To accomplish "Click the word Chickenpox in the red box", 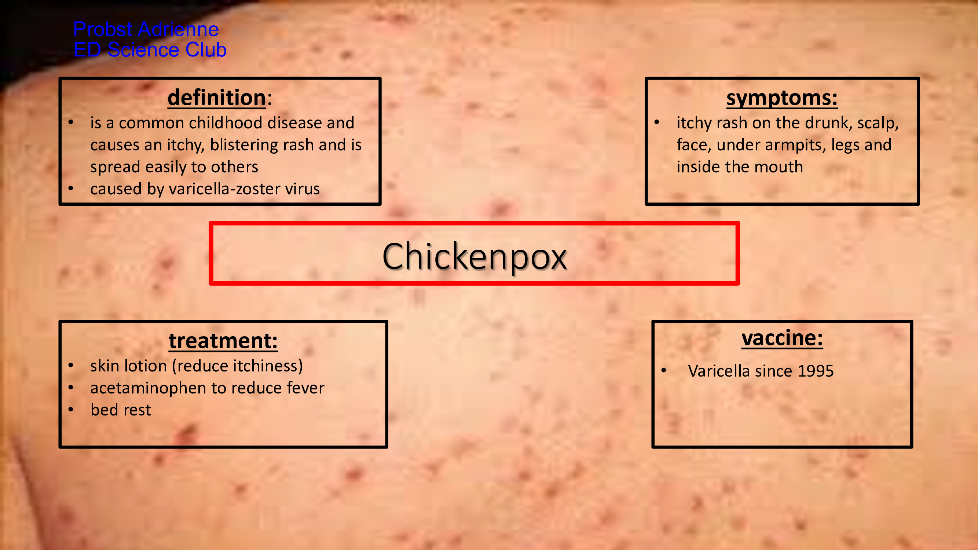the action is (475, 257).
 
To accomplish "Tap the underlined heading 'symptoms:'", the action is (782, 98).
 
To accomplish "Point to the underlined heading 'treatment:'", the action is (223, 340).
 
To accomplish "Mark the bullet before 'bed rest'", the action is (71, 410).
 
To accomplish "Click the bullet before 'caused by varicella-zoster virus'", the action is (71, 188).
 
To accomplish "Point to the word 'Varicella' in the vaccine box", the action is (719, 371).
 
